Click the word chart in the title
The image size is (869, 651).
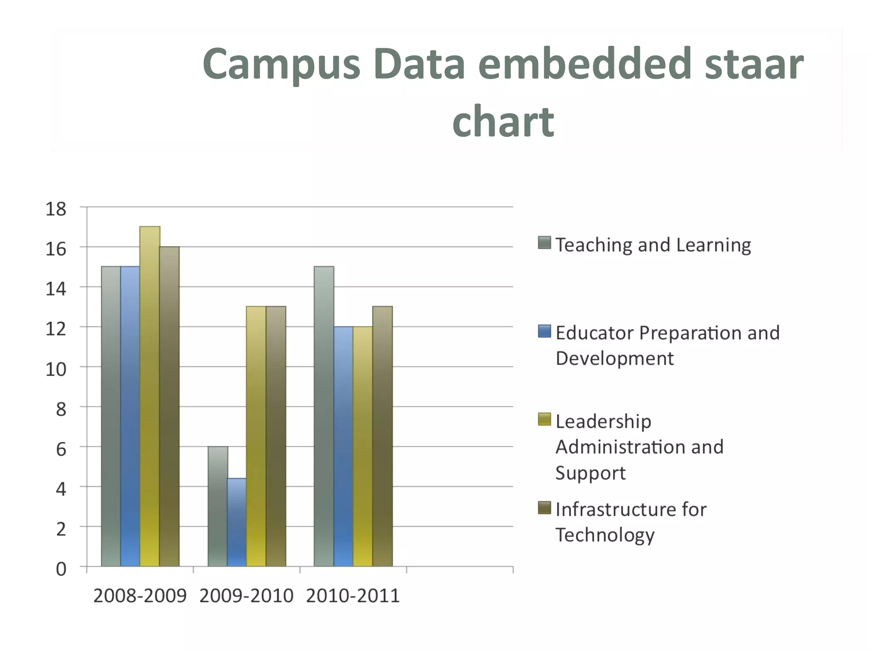(503, 122)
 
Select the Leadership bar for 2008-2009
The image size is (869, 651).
(150, 396)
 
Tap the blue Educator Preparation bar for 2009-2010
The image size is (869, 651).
(237, 522)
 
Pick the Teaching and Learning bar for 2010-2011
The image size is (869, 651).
(324, 416)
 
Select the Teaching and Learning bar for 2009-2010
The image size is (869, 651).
(218, 506)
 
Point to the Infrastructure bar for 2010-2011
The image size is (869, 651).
(382, 436)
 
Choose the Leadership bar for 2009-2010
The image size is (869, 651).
(256, 436)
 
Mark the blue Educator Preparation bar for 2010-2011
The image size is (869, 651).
(343, 446)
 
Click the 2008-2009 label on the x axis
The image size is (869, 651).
(140, 596)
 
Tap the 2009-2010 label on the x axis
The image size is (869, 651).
(246, 596)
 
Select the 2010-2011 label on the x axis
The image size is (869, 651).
(353, 596)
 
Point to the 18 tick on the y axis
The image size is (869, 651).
(56, 209)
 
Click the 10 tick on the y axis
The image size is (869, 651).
(56, 369)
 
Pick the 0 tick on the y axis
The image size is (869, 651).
(61, 569)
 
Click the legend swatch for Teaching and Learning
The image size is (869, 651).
(544, 243)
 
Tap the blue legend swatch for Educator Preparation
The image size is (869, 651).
(544, 331)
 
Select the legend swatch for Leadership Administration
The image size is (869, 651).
(544, 419)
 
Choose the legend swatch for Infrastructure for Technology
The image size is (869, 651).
(544, 507)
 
